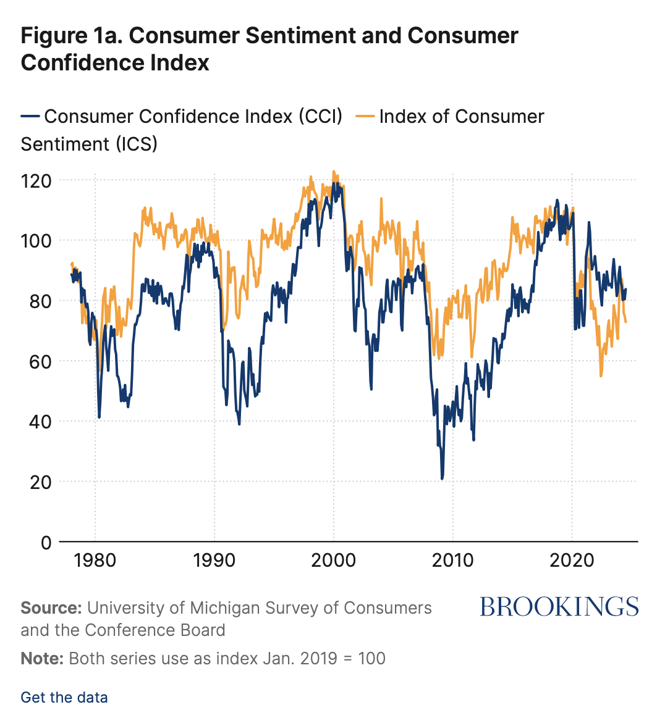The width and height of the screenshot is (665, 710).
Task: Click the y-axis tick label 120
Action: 36,180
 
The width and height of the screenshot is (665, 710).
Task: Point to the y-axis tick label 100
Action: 36,240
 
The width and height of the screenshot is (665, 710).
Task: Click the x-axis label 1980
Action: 95,561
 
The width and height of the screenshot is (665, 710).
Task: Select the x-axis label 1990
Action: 214,561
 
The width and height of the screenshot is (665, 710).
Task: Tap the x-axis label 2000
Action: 333,561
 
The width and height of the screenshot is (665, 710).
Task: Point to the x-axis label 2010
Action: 452,561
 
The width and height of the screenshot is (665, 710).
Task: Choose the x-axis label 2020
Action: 572,561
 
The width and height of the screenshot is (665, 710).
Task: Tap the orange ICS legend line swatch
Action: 366,117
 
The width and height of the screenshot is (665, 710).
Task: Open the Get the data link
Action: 64,697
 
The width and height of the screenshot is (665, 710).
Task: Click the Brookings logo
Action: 559,607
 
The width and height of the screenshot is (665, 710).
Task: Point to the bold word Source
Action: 51,608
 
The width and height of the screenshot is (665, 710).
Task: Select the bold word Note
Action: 42,658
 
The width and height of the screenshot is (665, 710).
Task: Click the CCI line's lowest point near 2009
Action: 442,478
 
